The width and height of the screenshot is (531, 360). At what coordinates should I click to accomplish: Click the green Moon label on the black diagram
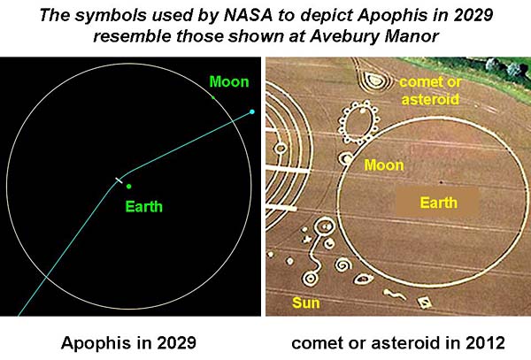point(229,82)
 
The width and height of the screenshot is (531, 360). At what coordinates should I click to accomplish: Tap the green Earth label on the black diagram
point(144,207)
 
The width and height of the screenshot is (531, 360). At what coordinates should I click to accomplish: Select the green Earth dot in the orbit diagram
point(128,186)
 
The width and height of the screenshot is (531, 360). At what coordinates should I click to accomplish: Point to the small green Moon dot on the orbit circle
point(213,97)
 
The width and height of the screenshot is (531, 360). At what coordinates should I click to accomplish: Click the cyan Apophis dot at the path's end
point(251,111)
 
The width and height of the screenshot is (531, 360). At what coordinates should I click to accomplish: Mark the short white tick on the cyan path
point(119,180)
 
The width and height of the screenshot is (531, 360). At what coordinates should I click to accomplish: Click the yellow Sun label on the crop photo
point(306,303)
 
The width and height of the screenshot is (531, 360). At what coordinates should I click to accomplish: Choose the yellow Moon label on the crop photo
point(384,165)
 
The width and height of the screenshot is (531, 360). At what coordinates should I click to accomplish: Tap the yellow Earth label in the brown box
point(439,203)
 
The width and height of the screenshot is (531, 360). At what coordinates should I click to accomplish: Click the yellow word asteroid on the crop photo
point(430,99)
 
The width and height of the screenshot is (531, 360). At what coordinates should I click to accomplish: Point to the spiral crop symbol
point(343,264)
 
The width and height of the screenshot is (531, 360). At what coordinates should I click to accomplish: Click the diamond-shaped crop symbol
point(424,303)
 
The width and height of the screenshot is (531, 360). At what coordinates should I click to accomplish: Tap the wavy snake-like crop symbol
point(395,295)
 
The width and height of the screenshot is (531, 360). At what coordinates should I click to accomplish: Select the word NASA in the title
point(248,15)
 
